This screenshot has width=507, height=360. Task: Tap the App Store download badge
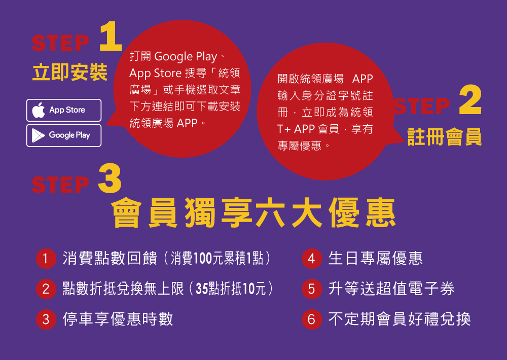click(x=64, y=111)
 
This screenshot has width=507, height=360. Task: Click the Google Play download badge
click(x=64, y=135)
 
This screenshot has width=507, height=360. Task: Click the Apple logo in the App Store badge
click(x=39, y=110)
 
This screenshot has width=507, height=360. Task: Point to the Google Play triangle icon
click(x=38, y=135)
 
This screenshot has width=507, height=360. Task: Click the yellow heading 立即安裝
click(x=70, y=72)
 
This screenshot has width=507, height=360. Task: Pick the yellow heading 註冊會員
click(x=445, y=137)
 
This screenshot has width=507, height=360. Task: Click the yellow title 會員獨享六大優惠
click(x=253, y=213)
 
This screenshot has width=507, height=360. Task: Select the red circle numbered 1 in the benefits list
click(x=46, y=259)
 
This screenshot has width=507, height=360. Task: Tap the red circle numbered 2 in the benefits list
click(x=46, y=289)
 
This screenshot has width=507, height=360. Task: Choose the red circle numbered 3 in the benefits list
click(x=46, y=319)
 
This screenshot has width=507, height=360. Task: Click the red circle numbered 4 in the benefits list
click(x=312, y=259)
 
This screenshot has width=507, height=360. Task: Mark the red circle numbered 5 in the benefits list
click(x=312, y=289)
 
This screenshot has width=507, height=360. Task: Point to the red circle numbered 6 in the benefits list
click(x=312, y=319)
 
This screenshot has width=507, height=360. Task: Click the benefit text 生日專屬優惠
click(x=375, y=259)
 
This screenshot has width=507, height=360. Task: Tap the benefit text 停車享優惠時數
click(x=118, y=319)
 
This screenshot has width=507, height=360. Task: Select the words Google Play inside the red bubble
click(x=186, y=57)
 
